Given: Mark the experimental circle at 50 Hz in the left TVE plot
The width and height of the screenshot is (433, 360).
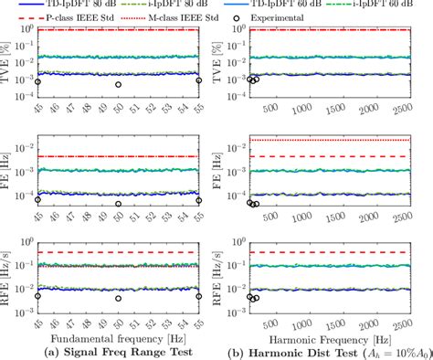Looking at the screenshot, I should point(118,85).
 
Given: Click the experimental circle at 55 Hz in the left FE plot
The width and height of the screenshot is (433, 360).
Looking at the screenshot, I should point(199,200).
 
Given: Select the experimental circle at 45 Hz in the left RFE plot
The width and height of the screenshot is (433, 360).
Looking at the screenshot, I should point(37,296).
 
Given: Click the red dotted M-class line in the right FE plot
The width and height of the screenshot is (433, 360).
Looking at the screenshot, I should point(329,140).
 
